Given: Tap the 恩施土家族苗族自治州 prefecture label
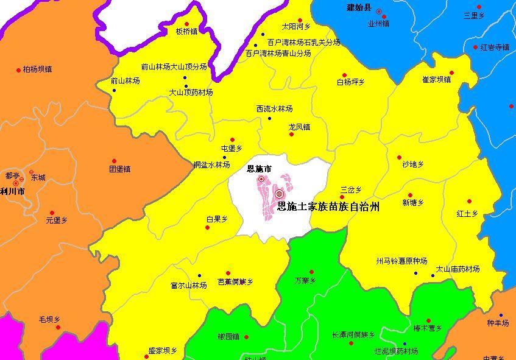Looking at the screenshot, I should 328,207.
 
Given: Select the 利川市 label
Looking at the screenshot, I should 12,191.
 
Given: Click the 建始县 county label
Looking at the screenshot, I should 358,8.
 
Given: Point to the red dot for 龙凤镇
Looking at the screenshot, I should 291,134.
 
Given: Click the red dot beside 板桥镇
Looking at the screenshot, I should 196,26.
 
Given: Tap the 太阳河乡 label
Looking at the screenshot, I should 296,27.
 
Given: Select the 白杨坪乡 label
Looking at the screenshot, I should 350,82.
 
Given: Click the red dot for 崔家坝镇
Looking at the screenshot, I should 452,72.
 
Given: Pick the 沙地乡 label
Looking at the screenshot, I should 412,165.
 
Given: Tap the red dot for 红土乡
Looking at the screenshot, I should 470,202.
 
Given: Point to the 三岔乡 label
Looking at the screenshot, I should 351,189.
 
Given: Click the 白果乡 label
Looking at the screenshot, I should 217,219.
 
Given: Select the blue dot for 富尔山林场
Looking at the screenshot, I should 199,275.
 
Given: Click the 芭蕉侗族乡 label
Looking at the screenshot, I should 235,282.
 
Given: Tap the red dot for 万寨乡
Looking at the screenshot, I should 311,272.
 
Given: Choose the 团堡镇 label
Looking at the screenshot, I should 119,169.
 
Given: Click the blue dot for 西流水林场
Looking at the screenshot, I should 270,118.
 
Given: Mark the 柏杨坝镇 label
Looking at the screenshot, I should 37,69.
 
